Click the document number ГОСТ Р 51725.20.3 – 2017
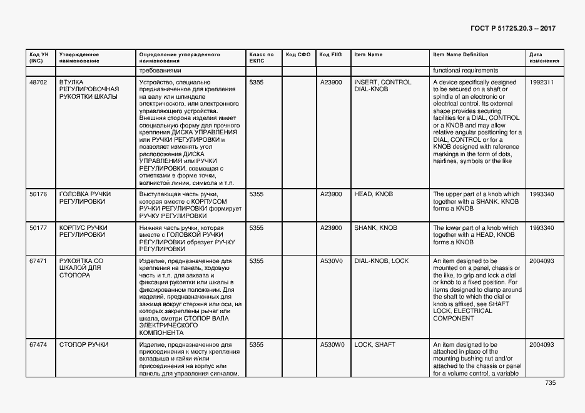[512, 29]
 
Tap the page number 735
[550, 383]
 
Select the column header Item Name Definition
[460, 54]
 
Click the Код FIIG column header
[330, 54]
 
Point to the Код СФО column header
[298, 54]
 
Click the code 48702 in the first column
[38, 82]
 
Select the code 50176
[38, 194]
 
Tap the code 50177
[38, 228]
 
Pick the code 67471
[38, 261]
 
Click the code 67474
[38, 344]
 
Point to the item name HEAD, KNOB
[374, 194]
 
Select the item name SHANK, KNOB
[375, 228]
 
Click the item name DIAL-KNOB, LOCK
[382, 261]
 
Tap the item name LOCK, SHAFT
[375, 344]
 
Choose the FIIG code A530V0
[332, 261]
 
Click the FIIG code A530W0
[332, 344]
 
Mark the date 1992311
[541, 82]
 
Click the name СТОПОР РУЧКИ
[84, 344]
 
